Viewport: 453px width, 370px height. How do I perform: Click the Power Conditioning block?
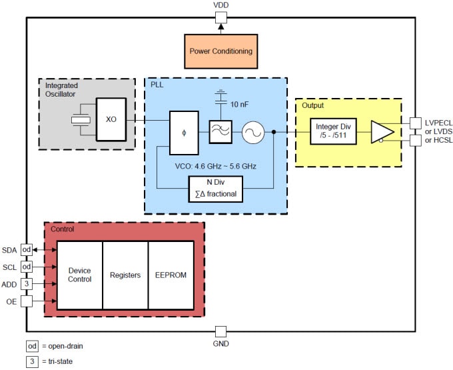pos(220,51)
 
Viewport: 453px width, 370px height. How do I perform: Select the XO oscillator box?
pos(111,120)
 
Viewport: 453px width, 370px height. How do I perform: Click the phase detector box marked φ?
pos(184,132)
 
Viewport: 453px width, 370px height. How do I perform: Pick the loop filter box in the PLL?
pos(220,132)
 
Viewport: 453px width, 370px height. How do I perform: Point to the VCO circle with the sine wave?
pos(253,133)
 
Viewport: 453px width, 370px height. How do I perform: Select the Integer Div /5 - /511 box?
pos(333,132)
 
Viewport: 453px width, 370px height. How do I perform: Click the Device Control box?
pos(79,275)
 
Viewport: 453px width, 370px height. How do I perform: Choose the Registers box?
pos(125,275)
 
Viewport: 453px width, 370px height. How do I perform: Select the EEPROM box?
pos(171,275)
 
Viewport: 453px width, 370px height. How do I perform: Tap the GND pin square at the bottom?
pos(221,331)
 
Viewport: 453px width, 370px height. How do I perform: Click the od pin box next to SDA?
pos(27,249)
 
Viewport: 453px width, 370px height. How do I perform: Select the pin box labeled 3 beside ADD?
pos(27,284)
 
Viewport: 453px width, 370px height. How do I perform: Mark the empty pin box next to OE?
pos(27,301)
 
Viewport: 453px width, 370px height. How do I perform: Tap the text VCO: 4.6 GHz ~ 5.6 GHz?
pos(215,165)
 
